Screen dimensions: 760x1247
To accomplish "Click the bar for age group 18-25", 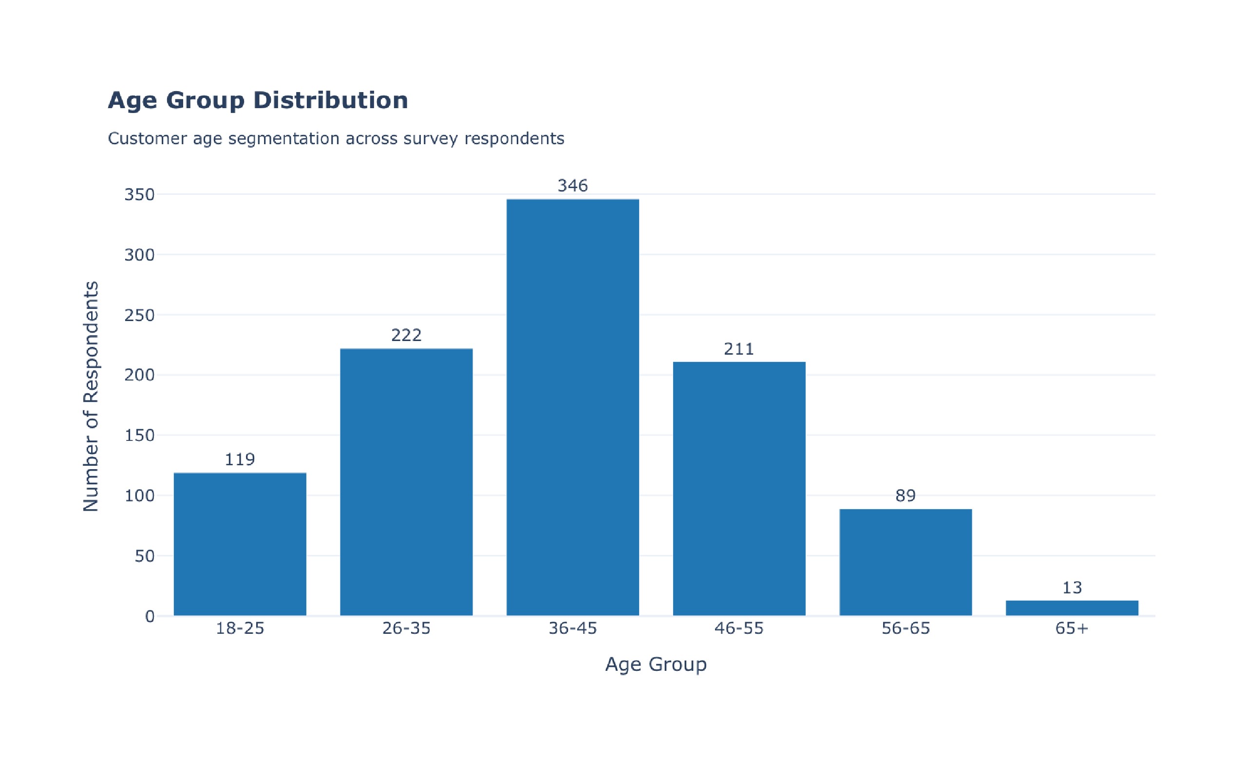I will pos(240,545).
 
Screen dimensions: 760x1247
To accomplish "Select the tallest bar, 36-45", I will pos(572,407).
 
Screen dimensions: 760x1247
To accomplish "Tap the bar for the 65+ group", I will pos(1072,608).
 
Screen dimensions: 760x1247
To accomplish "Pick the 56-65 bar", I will pos(906,563).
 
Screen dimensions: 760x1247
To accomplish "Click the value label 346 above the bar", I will pos(572,186).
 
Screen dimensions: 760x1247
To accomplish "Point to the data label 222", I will pos(406,335).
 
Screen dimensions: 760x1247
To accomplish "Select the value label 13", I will pos(1072,588).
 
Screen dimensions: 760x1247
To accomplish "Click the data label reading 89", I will pos(906,495).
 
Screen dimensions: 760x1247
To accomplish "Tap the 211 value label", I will pos(739,349).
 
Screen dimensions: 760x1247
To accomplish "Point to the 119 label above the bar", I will pos(240,459).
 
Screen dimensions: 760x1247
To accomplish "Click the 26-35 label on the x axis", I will pos(406,628).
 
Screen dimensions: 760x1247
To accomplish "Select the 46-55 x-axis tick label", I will pos(739,628).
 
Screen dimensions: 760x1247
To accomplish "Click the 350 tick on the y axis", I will pos(139,195).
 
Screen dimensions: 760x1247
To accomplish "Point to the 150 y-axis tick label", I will pos(139,436).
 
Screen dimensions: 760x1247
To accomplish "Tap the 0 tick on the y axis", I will pos(150,616).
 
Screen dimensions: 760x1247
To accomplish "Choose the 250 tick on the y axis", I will pos(139,315).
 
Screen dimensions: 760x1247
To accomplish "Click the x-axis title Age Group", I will pos(655,665).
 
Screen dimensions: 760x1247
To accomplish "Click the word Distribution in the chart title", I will pos(330,100).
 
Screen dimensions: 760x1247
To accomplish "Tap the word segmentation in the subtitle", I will pos(283,139).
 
